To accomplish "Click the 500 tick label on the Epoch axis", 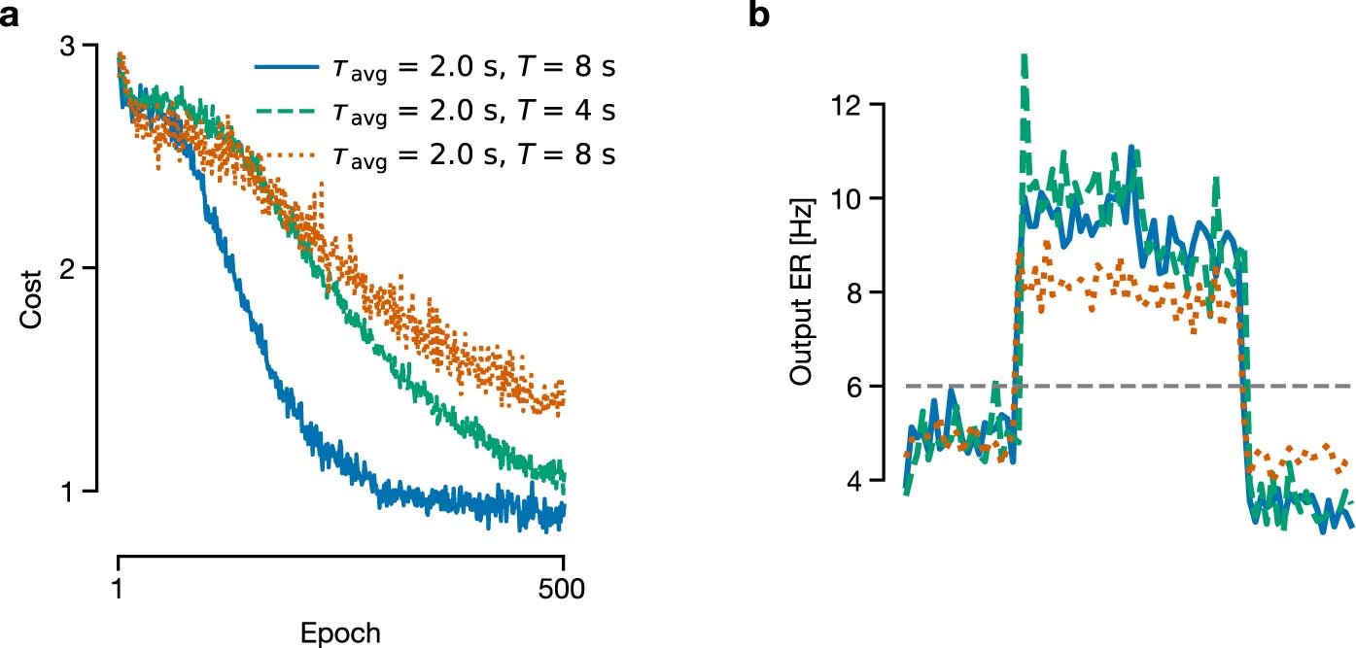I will coord(564,589).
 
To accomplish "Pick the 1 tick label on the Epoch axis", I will coord(118,589).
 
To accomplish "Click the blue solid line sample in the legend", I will coord(286,68).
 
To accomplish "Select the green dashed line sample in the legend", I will coord(286,111).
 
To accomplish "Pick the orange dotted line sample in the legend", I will coord(286,153).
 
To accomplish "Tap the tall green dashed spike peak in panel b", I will coord(1024,58).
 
